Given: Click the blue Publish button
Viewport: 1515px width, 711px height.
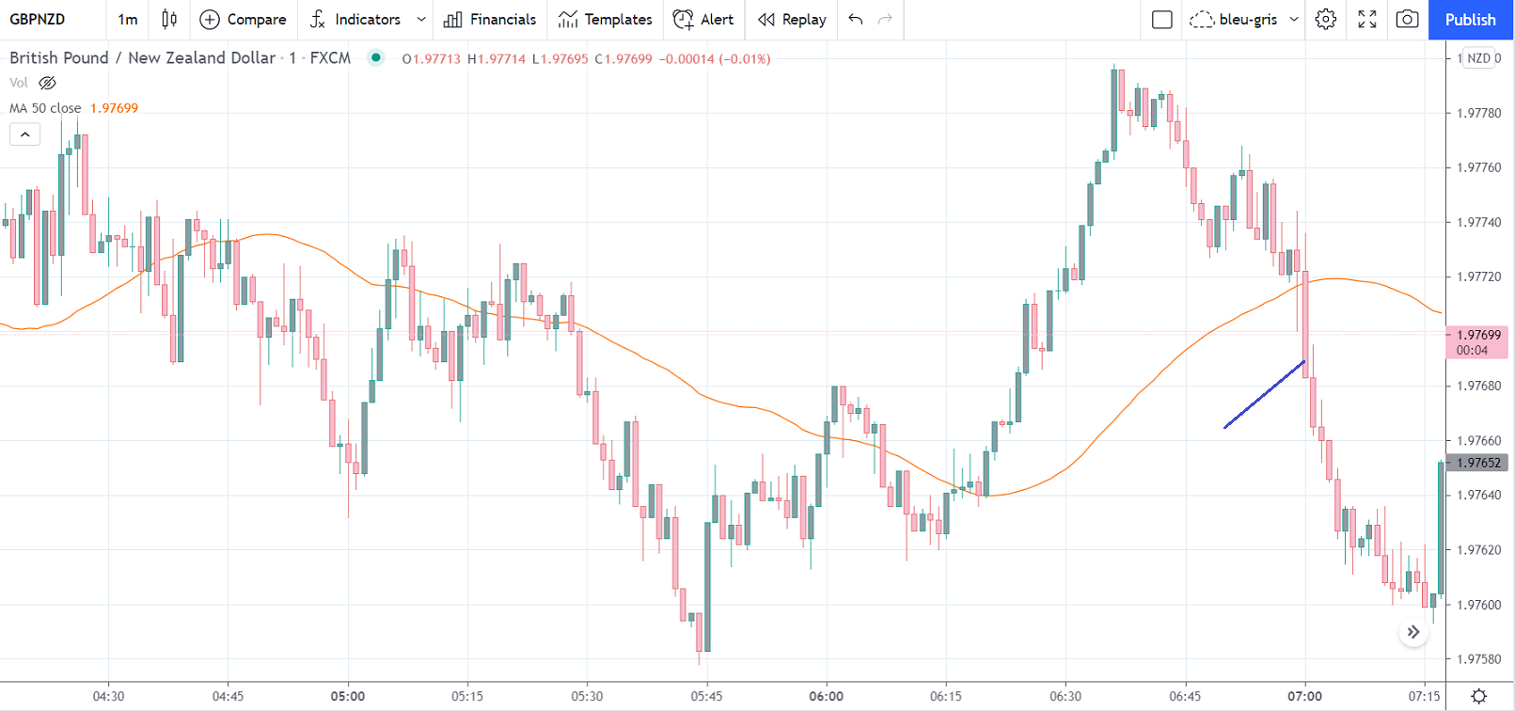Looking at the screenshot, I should (1470, 20).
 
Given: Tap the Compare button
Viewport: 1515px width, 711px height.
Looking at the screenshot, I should (244, 20).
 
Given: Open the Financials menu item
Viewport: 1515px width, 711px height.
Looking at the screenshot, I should (490, 20).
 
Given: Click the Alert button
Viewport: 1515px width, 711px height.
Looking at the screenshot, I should (703, 20).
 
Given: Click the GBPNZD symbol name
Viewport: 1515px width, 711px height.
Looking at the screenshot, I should (38, 20).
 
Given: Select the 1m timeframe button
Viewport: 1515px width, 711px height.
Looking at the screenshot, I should (127, 20).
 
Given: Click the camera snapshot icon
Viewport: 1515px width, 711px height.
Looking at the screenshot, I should (1407, 20).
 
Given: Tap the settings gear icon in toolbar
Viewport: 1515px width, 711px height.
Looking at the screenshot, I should (1325, 20).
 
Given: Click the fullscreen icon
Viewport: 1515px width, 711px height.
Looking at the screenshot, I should (1366, 20).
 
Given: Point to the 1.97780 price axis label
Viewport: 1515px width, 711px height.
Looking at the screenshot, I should (1478, 113).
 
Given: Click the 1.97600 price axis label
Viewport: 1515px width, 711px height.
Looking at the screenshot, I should (1478, 605).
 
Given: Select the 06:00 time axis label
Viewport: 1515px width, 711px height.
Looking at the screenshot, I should (826, 697).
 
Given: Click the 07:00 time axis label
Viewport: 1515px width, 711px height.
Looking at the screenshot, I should (1304, 697).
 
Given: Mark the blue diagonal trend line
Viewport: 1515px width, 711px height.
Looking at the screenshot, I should (1264, 395).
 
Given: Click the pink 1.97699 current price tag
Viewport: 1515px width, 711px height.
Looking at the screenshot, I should (1477, 342).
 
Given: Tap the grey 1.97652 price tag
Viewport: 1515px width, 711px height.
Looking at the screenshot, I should (1477, 463).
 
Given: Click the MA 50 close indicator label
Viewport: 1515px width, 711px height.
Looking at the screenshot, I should (45, 108).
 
